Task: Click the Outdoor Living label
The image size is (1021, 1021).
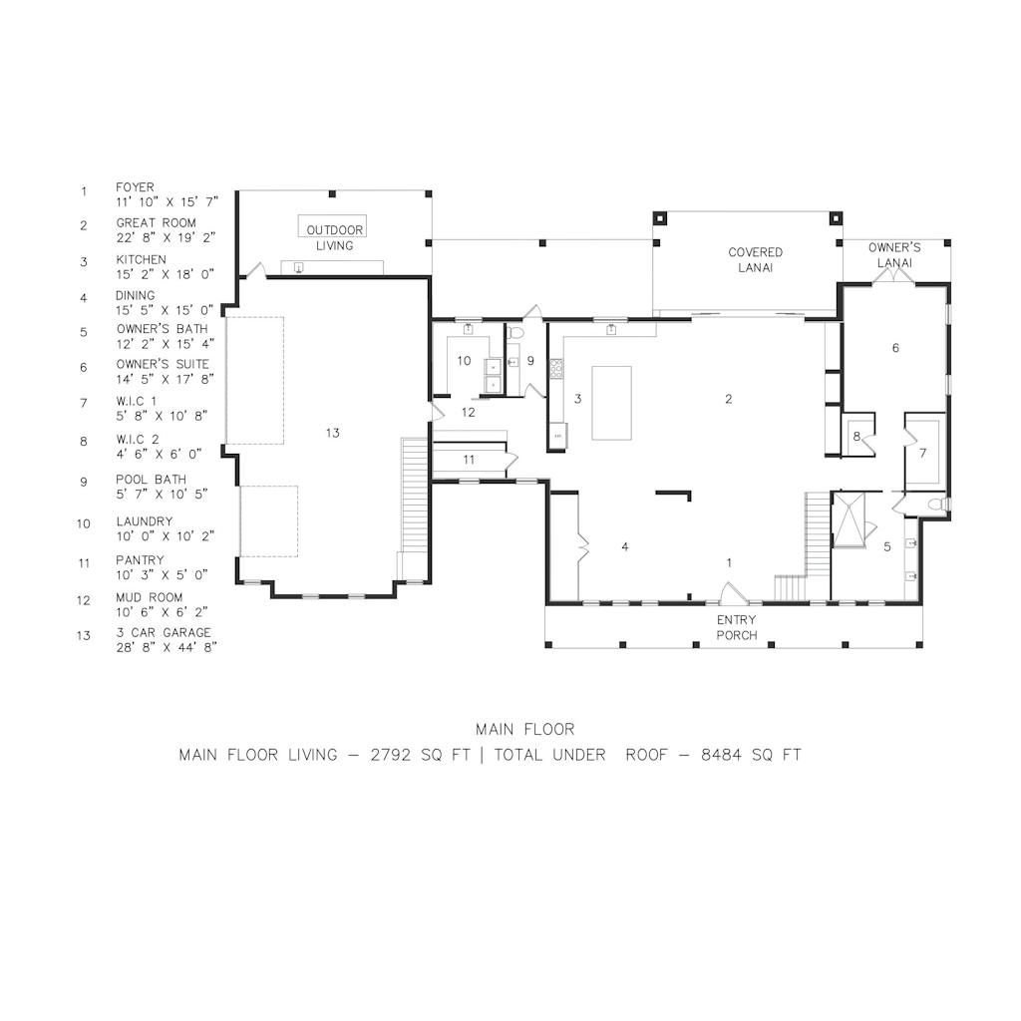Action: [x=335, y=237]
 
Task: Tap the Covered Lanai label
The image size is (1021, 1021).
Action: [x=756, y=260]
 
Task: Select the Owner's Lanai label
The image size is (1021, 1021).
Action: [x=894, y=255]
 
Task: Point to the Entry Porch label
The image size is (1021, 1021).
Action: [x=737, y=628]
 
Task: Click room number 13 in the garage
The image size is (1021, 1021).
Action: [x=333, y=433]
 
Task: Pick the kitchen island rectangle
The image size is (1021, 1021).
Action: [x=611, y=403]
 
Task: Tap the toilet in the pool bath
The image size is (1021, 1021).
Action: [x=515, y=333]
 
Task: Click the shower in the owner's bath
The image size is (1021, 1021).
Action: [x=850, y=520]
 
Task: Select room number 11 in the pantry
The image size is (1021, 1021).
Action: [x=469, y=460]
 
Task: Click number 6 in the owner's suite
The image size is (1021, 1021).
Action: [x=895, y=348]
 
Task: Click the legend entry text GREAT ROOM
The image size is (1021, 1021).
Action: [x=157, y=222]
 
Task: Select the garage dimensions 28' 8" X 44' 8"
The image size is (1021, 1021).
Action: [x=167, y=648]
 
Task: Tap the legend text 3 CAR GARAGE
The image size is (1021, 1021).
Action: [x=164, y=633]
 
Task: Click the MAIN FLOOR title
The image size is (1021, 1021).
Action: [x=524, y=729]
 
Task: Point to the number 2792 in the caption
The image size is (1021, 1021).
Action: [x=391, y=756]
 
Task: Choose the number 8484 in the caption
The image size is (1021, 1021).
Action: [x=722, y=756]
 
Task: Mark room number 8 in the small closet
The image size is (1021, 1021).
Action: [x=856, y=437]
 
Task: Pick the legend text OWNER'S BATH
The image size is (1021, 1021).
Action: [x=163, y=329]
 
